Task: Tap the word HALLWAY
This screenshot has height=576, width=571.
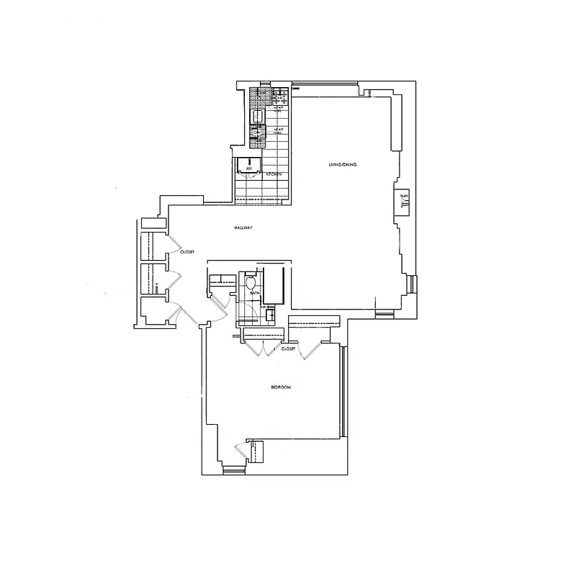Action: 243,228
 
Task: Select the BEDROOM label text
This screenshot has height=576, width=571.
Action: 280,387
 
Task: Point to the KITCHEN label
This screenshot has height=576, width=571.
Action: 273,174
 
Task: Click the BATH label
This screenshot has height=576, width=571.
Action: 254,293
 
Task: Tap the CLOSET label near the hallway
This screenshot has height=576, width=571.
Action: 187,252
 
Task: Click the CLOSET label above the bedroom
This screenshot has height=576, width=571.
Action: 289,348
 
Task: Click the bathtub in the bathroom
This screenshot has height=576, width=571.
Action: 275,284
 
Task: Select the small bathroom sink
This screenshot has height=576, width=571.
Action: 272,313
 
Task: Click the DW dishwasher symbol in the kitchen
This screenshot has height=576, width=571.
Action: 257,132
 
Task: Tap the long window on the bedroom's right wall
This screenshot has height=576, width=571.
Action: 344,392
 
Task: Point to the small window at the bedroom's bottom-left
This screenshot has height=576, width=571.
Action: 233,472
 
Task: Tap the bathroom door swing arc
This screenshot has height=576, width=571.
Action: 245,315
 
